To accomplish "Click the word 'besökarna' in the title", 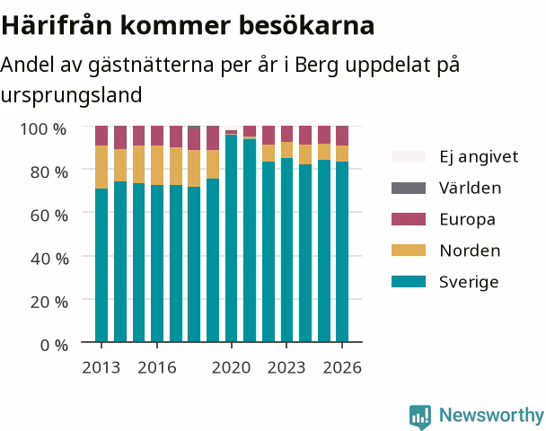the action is point(307,25).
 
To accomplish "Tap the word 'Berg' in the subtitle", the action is point(316,66).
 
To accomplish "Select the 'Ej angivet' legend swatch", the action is point(409,156).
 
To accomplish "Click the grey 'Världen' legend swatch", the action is point(409,188).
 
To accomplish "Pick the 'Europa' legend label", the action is point(467,220).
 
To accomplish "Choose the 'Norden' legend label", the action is point(470,251).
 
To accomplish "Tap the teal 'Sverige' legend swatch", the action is point(409,282).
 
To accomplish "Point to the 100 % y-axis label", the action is point(43,129).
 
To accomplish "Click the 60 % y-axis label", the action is point(49,215).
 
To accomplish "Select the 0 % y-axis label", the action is point(54,346).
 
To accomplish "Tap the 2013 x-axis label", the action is point(101,367).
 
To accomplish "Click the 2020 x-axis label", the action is point(231,367).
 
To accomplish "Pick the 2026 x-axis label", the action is point(342,367).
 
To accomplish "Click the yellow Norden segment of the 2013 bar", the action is point(101,167).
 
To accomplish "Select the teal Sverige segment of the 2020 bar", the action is point(231,238).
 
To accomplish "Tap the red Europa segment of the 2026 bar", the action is point(342,136).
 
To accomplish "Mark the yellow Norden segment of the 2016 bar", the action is point(157,165).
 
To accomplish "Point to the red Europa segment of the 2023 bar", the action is point(286,134).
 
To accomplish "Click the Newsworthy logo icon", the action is point(420,417).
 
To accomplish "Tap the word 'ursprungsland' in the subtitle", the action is point(71,95).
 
